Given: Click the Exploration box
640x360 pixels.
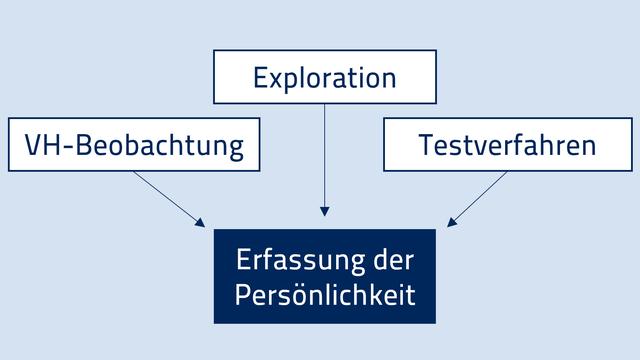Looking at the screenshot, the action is (325, 77).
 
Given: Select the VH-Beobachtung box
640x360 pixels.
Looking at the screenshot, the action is (133, 145).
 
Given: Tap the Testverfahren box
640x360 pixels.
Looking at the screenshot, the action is (507, 145).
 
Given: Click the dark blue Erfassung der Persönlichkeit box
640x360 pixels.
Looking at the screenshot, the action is (325, 276).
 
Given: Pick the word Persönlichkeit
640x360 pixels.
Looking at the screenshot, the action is (325, 296).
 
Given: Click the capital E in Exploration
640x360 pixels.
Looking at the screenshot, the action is (260, 78).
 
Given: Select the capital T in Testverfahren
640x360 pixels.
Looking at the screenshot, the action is (424, 146).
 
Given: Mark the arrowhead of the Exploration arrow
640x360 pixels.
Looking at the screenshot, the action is (325, 211).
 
